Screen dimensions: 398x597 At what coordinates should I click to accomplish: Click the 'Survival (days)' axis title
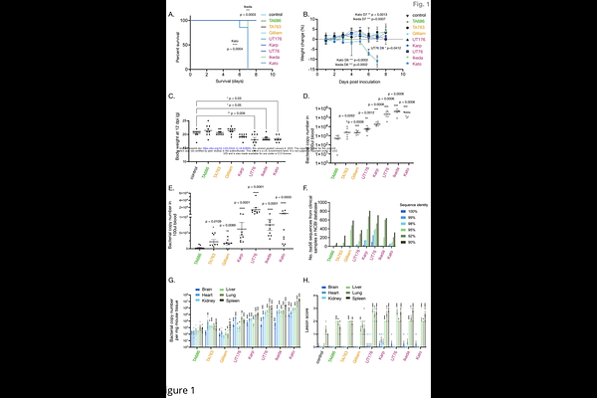pos(223,83)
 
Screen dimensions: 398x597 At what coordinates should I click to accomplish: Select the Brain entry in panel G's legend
pos(201,294)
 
